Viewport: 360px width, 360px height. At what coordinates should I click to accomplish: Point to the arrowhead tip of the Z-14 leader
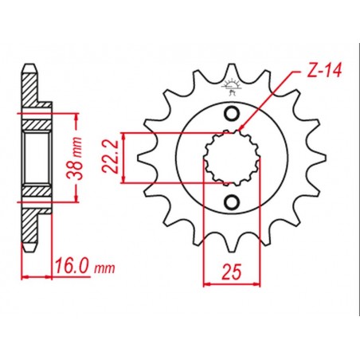[240, 129]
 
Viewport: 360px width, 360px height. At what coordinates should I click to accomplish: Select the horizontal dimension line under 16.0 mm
[56, 276]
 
